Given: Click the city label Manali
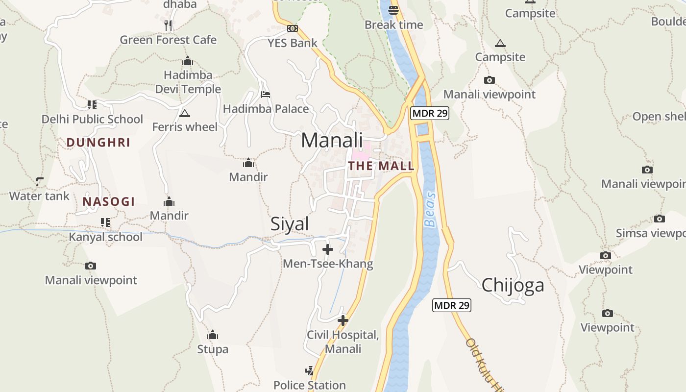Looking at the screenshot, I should coord(332,140).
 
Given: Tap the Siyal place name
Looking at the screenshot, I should coord(290,224).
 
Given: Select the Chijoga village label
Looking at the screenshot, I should coord(513,285).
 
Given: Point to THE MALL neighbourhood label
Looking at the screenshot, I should coord(381,166).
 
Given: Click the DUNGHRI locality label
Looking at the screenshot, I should coord(98,143).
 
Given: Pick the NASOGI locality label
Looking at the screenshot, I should coord(108,201).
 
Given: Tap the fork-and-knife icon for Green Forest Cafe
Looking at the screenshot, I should coord(168,25).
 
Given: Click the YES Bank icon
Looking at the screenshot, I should coord(293,28).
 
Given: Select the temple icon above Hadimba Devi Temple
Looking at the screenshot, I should coord(187,61).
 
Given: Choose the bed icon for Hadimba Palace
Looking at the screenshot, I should coord(266,94).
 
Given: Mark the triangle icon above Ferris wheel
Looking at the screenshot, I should coord(184,114).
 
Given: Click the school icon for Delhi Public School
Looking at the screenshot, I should coord(92,104).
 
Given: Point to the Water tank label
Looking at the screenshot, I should coord(39,196).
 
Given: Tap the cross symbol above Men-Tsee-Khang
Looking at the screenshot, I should coord(328,249).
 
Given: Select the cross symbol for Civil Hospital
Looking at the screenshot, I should coord(343,320).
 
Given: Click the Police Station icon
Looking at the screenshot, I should coord(309,370).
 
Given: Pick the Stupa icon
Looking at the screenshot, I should coord(212,335).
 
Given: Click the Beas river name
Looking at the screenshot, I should coord(430,209).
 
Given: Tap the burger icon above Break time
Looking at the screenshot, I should coord(393,9).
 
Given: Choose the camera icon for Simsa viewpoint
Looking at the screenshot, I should coord(660,219).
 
